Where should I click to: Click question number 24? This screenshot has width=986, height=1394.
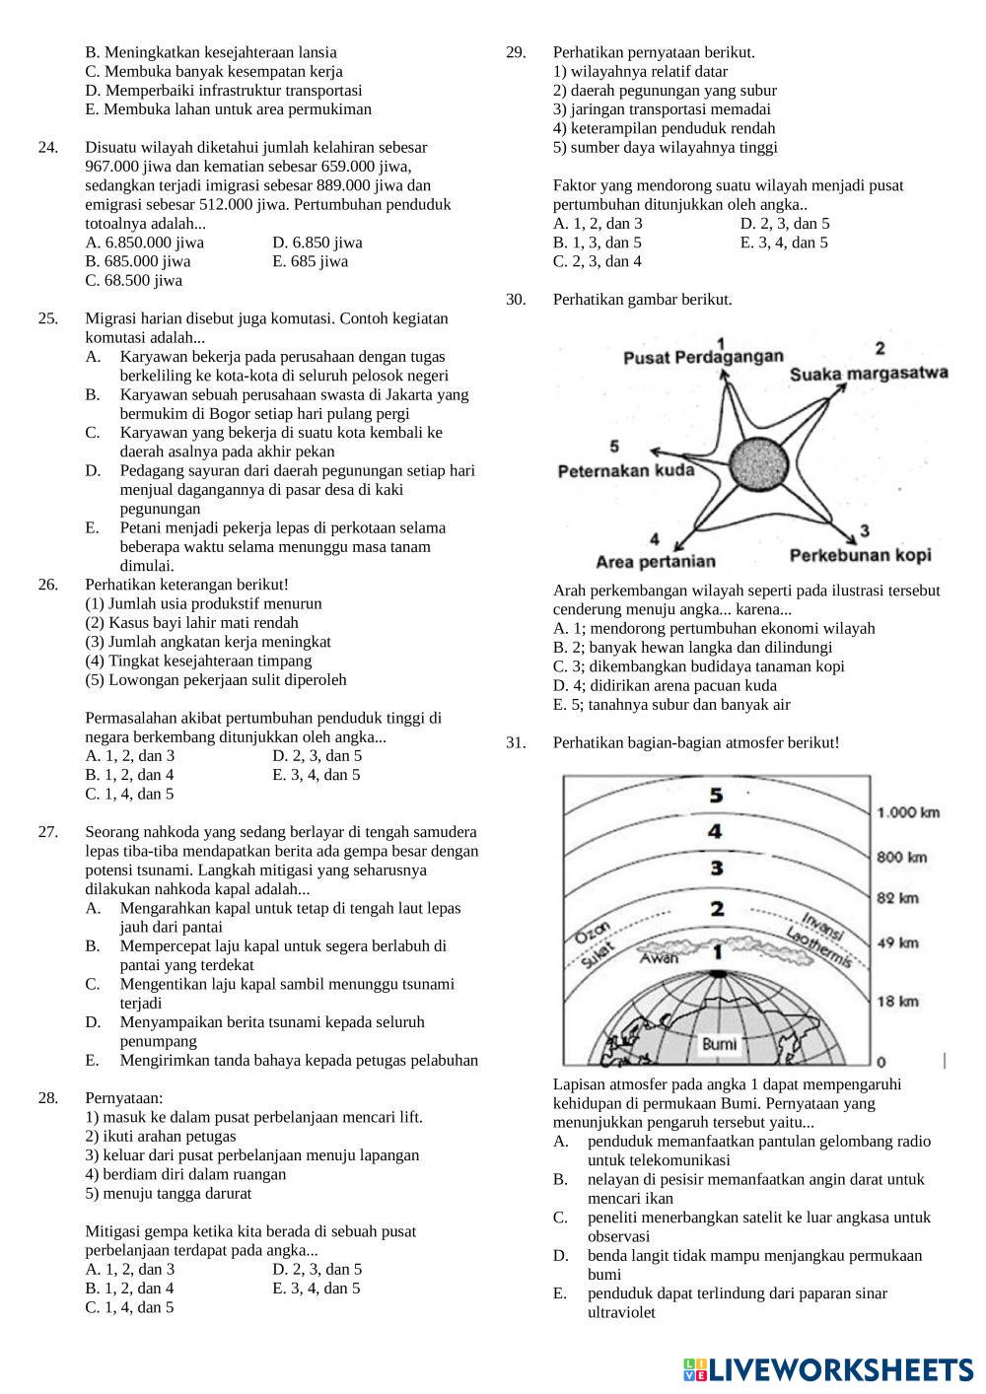(47, 148)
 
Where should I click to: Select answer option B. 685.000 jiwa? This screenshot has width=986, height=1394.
(138, 261)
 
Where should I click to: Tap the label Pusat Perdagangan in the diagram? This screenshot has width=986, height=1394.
(703, 357)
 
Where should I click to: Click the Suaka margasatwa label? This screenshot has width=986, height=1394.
(869, 373)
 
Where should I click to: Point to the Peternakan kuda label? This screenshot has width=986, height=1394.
(626, 470)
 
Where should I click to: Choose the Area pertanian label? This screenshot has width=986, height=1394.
(656, 562)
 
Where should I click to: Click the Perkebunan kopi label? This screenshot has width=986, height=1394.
(860, 555)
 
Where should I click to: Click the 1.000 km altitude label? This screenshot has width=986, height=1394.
(908, 812)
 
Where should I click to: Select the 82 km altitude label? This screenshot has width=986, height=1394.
(897, 897)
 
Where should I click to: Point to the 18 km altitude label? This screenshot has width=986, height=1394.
(897, 1002)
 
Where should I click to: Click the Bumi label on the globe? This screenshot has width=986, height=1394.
(719, 1043)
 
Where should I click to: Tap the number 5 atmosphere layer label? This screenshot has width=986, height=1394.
(717, 795)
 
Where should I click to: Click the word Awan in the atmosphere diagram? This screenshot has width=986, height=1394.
(659, 958)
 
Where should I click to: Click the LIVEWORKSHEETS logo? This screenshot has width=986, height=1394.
(828, 1368)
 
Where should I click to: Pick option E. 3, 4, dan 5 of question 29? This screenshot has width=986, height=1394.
(784, 243)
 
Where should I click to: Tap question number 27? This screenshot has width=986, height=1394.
(47, 832)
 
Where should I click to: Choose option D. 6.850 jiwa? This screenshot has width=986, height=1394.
(317, 243)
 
